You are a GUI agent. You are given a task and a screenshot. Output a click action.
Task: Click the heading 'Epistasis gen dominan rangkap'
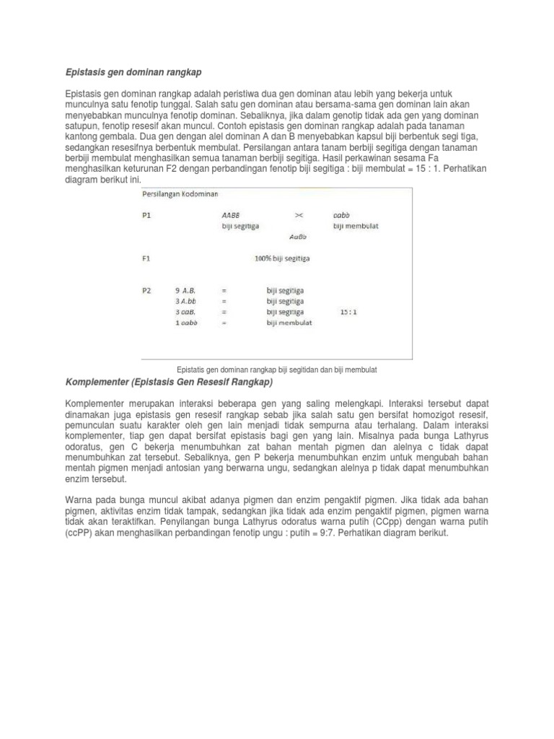point(133,73)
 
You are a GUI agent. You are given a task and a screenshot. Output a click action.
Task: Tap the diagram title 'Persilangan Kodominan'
point(180,193)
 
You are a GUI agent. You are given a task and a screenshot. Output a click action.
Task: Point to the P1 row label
point(146,214)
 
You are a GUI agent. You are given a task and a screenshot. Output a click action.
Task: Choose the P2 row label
point(146,290)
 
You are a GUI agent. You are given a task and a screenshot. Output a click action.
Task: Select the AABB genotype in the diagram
point(231,214)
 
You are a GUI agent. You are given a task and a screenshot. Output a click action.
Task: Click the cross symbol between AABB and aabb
point(299,214)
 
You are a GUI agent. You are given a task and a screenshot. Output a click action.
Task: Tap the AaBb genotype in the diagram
point(298,236)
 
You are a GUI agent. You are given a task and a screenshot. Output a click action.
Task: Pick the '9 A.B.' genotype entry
point(188,290)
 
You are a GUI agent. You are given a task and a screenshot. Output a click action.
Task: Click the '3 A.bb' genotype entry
point(188,301)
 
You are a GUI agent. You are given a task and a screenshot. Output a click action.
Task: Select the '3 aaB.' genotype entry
point(188,312)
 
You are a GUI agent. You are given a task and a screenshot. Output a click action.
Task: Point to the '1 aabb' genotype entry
point(188,323)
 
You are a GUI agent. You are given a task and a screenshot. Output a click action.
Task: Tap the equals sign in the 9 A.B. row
point(224,290)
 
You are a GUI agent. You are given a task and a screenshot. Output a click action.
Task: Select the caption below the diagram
point(277,369)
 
